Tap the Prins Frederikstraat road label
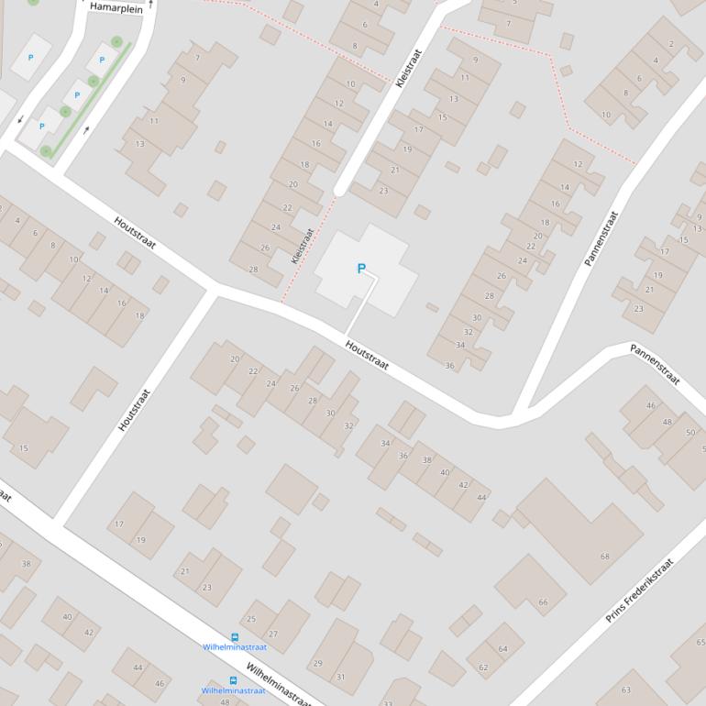639,591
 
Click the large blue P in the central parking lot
361,269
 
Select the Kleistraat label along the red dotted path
303,246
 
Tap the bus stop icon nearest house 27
235,637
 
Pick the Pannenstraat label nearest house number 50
655,364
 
